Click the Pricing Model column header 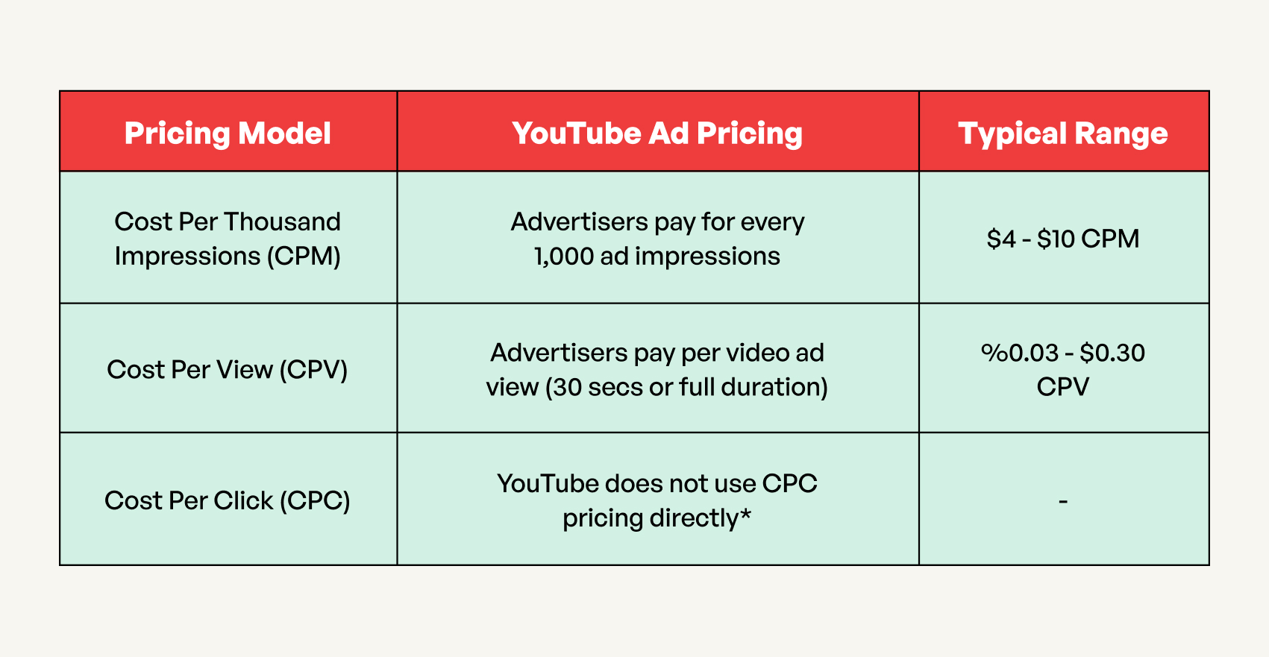pos(228,133)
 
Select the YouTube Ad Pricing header pos(657,133)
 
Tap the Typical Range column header pos(1062,133)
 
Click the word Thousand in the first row pos(282,221)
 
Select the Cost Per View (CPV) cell pos(228,370)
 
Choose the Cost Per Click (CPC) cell pos(228,500)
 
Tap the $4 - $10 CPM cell pos(1062,239)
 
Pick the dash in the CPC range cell pos(1063,501)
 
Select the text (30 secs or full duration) pos(686,388)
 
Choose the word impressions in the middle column pos(707,257)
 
